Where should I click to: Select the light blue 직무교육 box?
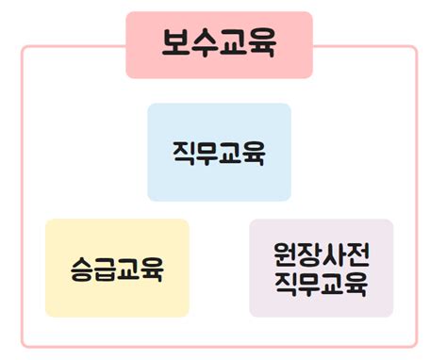(x=219, y=153)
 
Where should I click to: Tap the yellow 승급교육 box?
(x=117, y=269)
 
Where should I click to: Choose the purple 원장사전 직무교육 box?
(x=321, y=269)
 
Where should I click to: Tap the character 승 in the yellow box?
(x=83, y=270)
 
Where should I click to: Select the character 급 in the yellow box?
(x=106, y=270)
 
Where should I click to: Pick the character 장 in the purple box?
(x=309, y=254)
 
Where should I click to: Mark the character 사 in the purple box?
(x=333, y=254)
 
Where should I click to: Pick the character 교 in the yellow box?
(x=129, y=270)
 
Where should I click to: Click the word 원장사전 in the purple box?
(x=321, y=254)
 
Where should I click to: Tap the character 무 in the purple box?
(x=309, y=283)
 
